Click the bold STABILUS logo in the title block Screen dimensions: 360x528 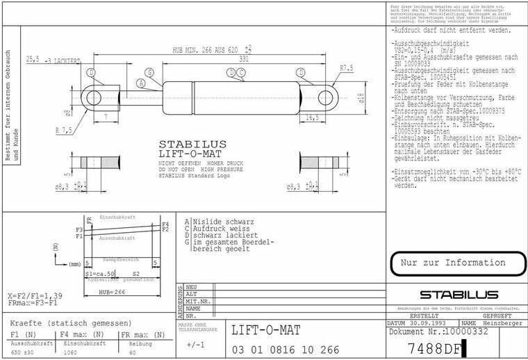click(455, 295)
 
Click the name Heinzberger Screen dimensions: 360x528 click(498, 324)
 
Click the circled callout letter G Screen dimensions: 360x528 click(149, 72)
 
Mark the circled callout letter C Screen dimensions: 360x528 click(240, 72)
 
